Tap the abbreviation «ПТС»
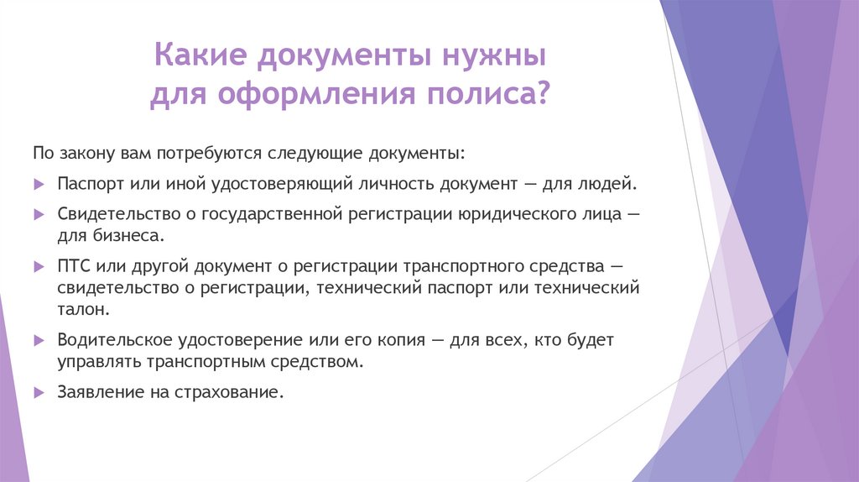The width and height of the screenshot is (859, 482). (x=74, y=267)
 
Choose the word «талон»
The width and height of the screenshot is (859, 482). (x=81, y=309)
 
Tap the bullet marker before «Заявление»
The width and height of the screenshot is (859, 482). (x=39, y=392)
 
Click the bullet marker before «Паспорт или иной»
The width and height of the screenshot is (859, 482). (x=39, y=183)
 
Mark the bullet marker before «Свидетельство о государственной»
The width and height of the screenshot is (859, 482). (x=39, y=214)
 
